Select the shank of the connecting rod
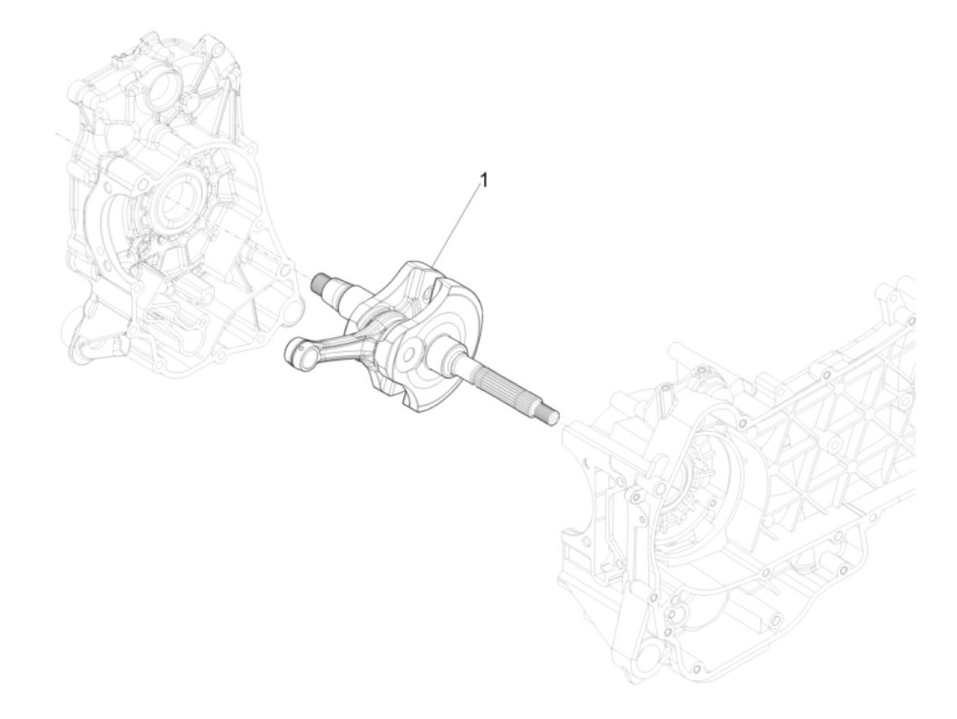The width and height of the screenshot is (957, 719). point(328,339)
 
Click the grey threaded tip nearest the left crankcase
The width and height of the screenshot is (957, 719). point(319,282)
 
